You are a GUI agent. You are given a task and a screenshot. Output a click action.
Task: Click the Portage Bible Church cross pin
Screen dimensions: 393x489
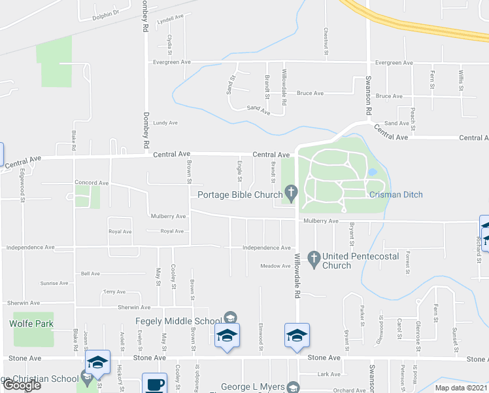click(x=291, y=193)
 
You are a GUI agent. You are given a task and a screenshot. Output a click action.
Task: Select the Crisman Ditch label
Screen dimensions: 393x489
click(x=396, y=195)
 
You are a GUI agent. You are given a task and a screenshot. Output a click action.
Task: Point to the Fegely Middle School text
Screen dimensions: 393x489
click(x=172, y=321)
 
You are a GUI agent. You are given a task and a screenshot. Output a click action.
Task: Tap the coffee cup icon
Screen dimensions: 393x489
click(x=155, y=384)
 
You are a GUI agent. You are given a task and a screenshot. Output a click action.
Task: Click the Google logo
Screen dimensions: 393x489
click(x=22, y=385)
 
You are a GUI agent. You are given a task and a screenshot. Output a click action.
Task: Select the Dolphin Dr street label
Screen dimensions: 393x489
click(x=106, y=12)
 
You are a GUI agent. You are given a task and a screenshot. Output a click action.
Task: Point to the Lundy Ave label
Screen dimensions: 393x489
click(x=165, y=122)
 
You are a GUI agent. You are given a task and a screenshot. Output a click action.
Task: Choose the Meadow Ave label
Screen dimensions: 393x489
click(x=275, y=266)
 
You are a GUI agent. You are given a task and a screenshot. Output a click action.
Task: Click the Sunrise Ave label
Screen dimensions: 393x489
click(x=55, y=284)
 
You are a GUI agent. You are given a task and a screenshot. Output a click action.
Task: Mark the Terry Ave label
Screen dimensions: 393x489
click(x=114, y=291)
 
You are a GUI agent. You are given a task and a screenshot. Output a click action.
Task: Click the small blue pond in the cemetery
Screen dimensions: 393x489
click(x=373, y=172)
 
